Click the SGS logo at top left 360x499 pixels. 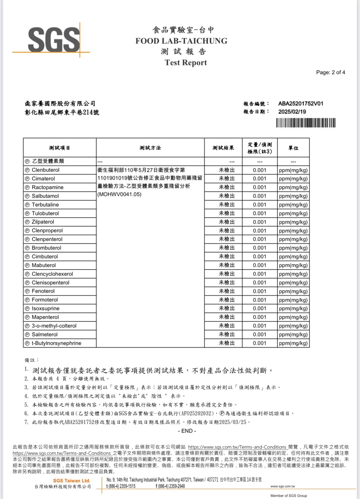coord(53,40)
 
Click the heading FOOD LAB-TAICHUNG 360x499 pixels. coord(181,41)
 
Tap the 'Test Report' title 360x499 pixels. coord(186,63)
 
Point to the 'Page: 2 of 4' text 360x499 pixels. coord(330,72)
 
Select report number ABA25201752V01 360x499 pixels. coord(300,104)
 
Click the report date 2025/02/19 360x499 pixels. coord(292,112)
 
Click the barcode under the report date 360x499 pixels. coord(305,123)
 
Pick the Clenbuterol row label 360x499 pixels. coord(45,170)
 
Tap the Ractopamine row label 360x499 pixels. coord(47,187)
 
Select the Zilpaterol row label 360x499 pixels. coord(43,222)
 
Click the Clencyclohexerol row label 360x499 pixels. coord(52,274)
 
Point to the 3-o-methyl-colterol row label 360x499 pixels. coord(54,326)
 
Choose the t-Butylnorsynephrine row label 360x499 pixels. coord(56,343)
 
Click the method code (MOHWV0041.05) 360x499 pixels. coord(119,194)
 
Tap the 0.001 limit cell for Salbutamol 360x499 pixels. coord(259,196)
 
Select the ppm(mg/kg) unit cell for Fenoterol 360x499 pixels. coord(293,291)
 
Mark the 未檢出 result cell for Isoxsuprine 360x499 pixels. coord(227,309)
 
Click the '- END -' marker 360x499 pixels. coord(187,431)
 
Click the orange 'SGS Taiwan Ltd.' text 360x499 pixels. coord(72,480)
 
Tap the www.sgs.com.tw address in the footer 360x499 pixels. coord(283,486)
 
